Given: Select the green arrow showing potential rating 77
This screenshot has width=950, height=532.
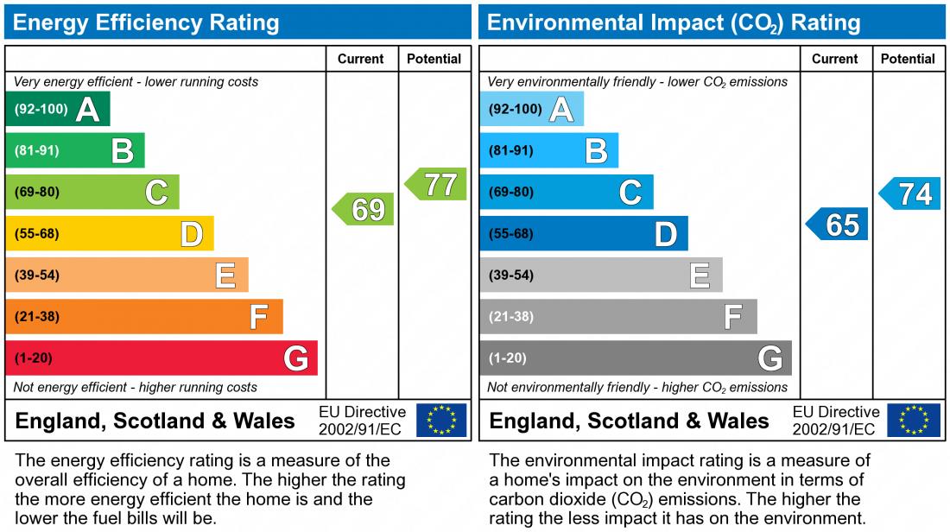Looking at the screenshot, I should (x=437, y=185).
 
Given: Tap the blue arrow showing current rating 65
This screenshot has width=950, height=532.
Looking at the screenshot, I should (x=838, y=225).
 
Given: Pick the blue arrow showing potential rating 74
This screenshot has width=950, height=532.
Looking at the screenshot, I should (x=911, y=194).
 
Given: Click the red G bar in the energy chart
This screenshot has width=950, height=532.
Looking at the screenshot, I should (x=161, y=358).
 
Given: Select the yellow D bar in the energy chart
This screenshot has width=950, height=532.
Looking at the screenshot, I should (x=110, y=234).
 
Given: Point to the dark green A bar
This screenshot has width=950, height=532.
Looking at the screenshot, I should (x=58, y=110).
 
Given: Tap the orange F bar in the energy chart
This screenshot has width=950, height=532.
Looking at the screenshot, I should (x=144, y=317).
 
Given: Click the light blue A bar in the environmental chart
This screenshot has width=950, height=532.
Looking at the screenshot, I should (x=531, y=110).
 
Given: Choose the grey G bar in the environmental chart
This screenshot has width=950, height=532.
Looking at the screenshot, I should (x=635, y=358).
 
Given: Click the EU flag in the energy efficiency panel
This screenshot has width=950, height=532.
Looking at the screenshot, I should (x=441, y=421).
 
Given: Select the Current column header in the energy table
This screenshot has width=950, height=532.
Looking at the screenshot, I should (x=361, y=59).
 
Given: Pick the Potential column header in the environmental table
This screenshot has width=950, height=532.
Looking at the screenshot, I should (x=908, y=59).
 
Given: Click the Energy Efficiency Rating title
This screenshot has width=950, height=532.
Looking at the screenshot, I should (x=147, y=22).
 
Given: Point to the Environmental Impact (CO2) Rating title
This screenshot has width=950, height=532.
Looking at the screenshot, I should (x=674, y=22).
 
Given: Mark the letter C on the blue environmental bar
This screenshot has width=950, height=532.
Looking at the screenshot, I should (x=630, y=193).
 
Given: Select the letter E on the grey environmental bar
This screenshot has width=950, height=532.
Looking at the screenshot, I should (x=700, y=275).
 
